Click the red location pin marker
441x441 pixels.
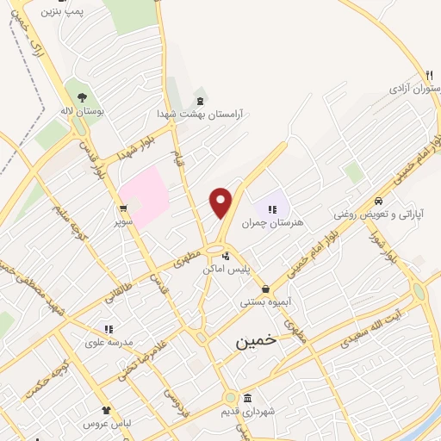[x=221, y=202]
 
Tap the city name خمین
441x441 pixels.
[x=257, y=340]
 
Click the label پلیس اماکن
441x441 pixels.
[x=226, y=270]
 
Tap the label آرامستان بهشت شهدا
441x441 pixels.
[x=200, y=114]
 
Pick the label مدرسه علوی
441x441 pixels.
[x=109, y=342]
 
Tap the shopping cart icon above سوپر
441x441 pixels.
[x=125, y=208]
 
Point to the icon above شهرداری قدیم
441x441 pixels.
[x=248, y=399]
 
